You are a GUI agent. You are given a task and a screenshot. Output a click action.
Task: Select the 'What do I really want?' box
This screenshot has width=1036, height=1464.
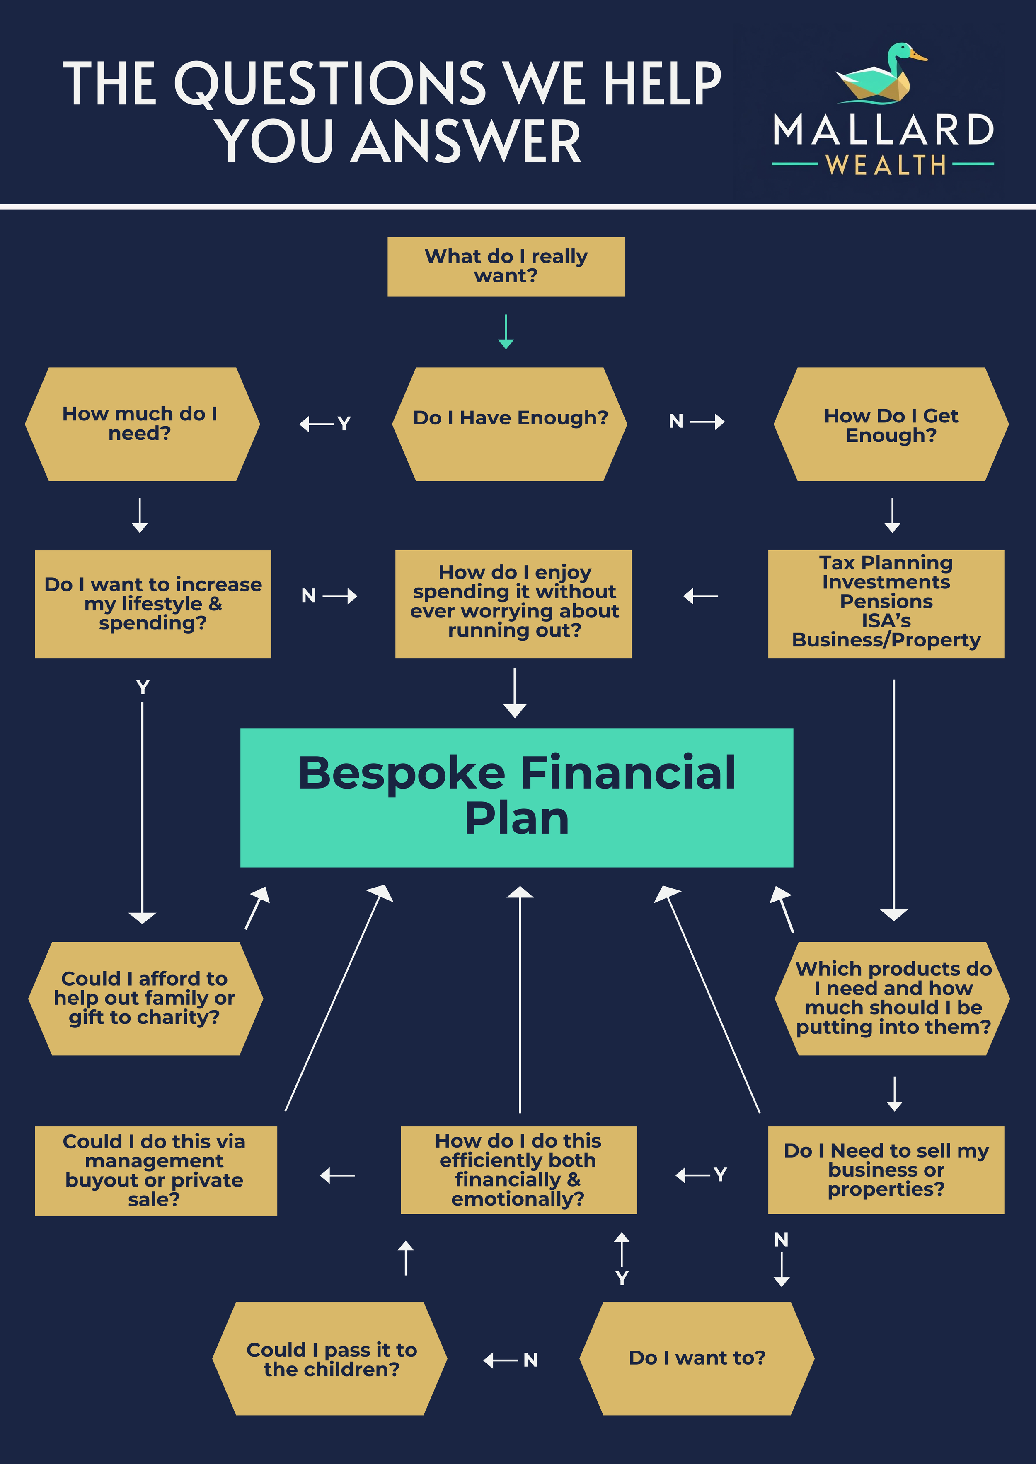tap(506, 267)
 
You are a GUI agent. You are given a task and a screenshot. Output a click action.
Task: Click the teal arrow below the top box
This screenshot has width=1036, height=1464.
tap(506, 332)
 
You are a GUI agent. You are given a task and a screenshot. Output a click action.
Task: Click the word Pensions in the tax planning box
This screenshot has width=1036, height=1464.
tap(886, 601)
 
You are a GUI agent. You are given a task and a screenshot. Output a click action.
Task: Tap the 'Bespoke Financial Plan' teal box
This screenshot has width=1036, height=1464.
tap(517, 797)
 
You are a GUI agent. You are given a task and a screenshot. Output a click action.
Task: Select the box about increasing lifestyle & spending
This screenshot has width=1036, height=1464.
tap(153, 604)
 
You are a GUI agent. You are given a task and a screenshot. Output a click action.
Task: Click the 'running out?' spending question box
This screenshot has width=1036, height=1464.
tap(513, 604)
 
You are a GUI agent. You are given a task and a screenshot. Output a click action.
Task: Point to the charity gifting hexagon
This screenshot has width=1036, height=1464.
tap(145, 998)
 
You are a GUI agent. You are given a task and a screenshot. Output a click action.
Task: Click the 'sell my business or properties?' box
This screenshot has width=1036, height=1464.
tap(886, 1170)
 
